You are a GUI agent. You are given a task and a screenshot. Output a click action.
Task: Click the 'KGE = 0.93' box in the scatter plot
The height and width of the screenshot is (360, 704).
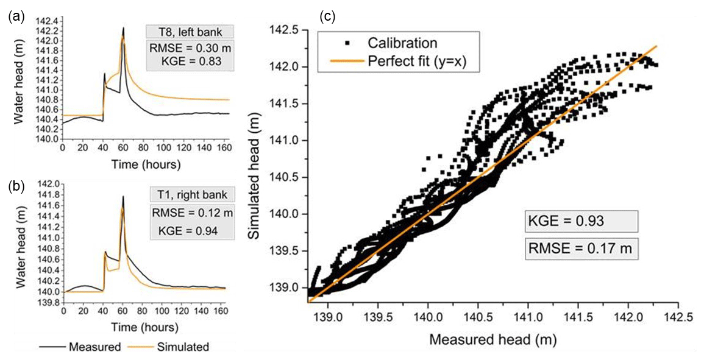click(582, 222)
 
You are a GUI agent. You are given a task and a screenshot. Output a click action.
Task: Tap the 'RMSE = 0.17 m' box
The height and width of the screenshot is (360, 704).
click(582, 249)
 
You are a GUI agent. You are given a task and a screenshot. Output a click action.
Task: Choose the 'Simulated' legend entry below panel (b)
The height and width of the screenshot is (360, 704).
click(181, 347)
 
